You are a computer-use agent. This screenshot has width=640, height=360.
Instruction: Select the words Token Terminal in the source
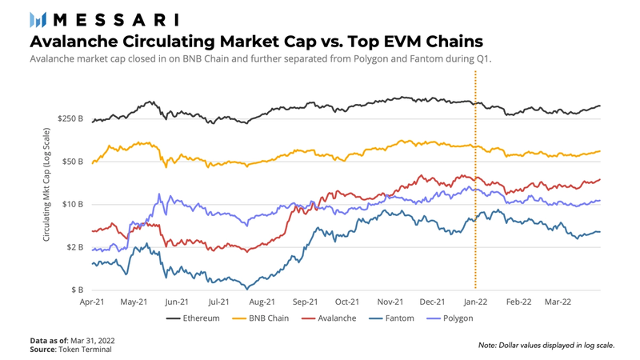86,350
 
